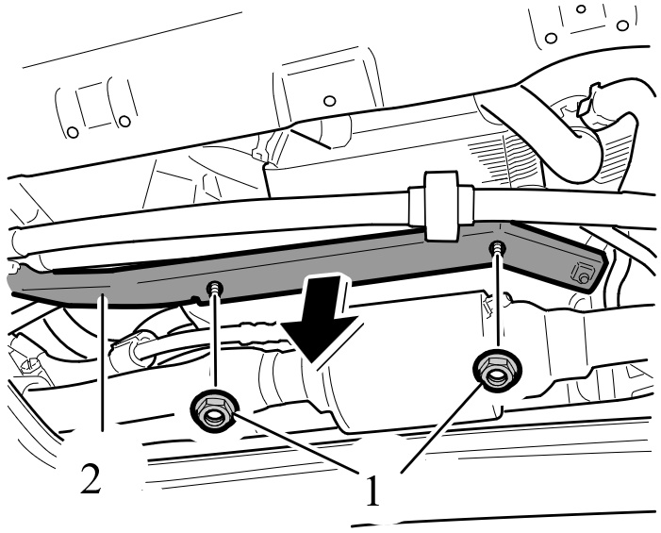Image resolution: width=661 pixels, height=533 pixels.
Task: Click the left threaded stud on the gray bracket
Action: click(x=217, y=288)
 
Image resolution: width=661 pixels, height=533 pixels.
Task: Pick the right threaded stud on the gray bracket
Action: click(x=495, y=249)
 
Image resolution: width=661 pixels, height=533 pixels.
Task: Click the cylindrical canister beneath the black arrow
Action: click(x=396, y=387)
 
